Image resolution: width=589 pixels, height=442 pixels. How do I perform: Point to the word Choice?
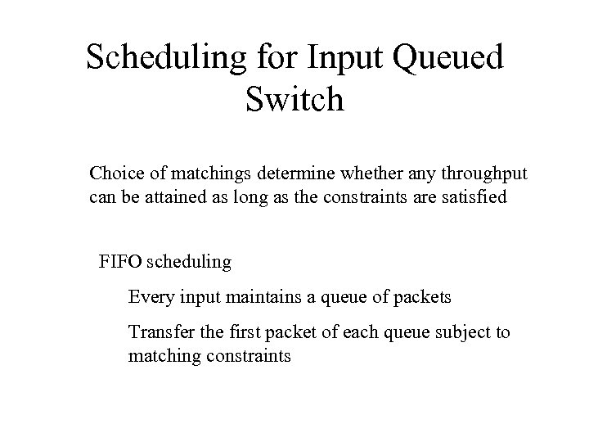pyautogui.click(x=113, y=174)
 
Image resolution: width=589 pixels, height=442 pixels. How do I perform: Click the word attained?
pyautogui.click(x=189, y=197)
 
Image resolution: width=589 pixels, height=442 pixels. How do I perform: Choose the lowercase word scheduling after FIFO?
pyautogui.click(x=191, y=263)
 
